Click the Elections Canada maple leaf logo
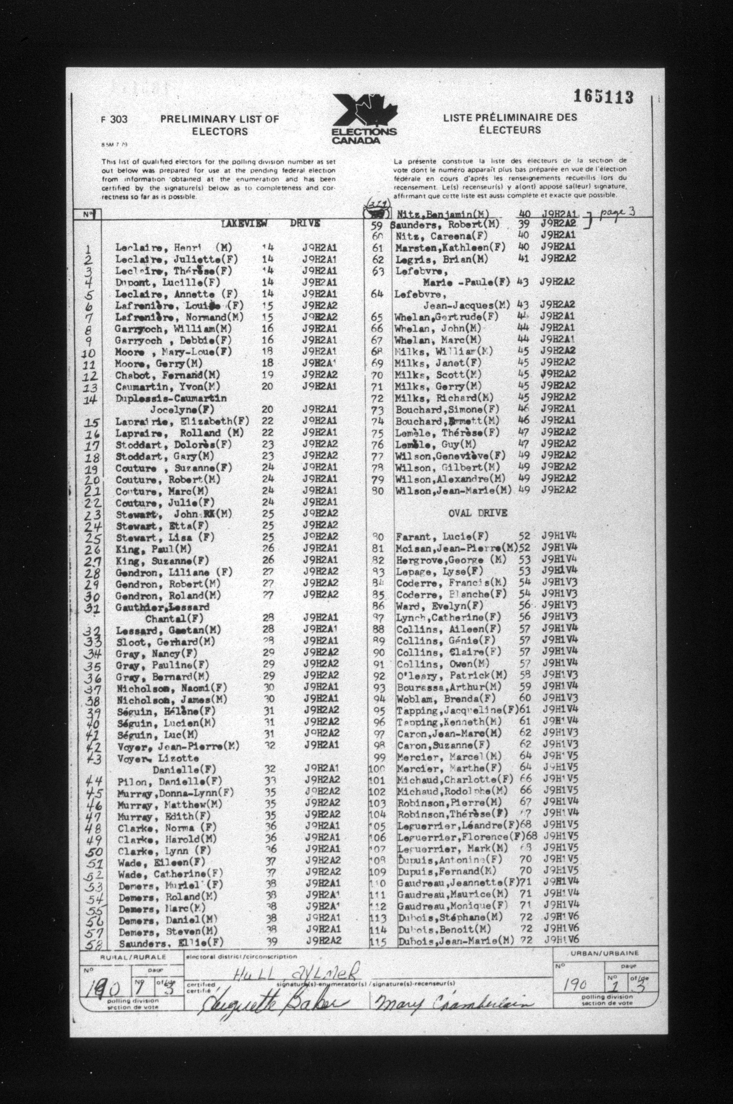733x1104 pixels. coord(364,119)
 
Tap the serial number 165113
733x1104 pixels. coord(603,97)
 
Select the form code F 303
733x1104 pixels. coord(114,119)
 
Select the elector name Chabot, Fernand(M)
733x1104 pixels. coord(167,375)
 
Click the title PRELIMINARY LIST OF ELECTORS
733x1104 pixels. coord(219,125)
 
